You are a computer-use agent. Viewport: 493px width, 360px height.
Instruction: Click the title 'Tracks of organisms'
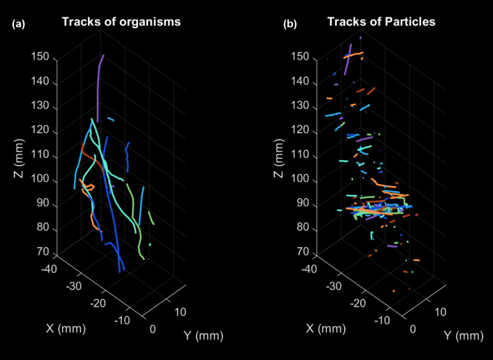coord(121,21)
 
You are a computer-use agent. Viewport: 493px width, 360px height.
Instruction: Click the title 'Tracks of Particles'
coord(381,21)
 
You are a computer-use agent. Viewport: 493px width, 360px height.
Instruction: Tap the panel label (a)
coord(19,25)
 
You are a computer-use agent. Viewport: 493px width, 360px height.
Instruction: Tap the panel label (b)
coord(290,25)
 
